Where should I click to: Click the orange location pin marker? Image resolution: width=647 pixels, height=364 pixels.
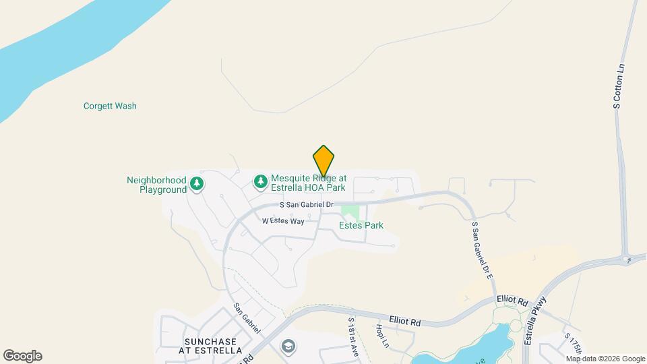point(323,160)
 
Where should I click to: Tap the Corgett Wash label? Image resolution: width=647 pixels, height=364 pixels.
point(110,106)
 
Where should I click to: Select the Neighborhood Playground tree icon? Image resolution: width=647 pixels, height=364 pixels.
point(197,183)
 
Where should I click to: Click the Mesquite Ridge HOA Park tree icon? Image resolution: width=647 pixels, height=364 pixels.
point(260,181)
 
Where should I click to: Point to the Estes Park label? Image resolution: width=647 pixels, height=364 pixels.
point(361,225)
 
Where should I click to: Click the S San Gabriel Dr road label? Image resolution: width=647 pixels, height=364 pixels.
point(307,204)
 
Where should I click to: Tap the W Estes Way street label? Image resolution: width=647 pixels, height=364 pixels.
point(283,220)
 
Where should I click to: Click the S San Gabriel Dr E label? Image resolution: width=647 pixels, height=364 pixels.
point(483,251)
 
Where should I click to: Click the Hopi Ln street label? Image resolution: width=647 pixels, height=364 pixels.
point(382,336)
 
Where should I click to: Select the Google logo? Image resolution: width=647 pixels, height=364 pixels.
point(22,356)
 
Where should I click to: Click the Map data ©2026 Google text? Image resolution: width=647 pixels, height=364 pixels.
point(596,359)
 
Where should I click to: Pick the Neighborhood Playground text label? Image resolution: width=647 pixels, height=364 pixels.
point(156,185)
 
